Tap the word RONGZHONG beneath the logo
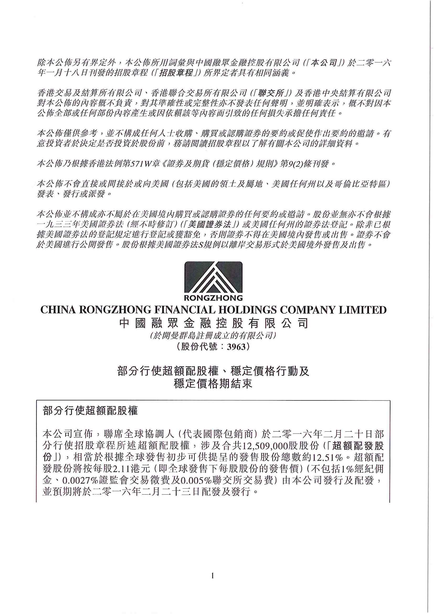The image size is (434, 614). coord(213,298)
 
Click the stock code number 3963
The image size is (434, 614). coord(236,347)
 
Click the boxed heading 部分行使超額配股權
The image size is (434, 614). coord(90,411)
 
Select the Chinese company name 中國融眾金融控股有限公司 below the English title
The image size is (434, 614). coord(213,324)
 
